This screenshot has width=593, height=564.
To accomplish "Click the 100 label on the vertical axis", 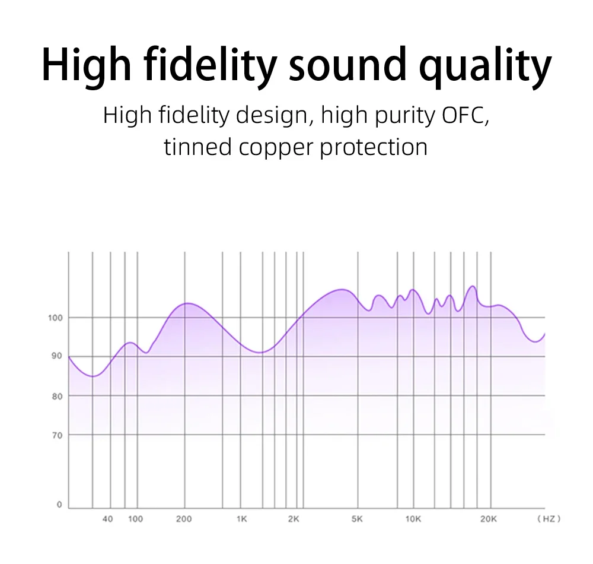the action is click(55, 318).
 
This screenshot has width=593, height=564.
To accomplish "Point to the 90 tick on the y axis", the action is click(57, 356).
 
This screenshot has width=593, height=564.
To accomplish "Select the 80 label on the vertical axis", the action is click(57, 397).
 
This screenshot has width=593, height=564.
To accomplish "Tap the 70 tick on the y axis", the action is click(57, 436).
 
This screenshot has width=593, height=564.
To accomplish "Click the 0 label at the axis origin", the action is click(59, 505).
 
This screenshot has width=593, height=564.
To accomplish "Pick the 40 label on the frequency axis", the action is click(108, 519).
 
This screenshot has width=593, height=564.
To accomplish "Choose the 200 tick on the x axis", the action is click(184, 519).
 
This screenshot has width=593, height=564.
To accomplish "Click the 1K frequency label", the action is click(242, 519).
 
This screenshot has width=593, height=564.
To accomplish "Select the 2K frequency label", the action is click(294, 519).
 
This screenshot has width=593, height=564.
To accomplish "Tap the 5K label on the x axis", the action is click(357, 519).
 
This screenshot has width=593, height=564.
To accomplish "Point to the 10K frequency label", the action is click(413, 519).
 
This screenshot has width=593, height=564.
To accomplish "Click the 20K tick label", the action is click(489, 519).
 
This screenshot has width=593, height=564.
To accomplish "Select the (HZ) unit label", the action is click(549, 519).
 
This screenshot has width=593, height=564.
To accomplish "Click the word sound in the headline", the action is click(347, 65).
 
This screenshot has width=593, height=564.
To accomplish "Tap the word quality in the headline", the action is click(485, 67).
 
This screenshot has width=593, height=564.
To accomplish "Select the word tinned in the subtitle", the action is click(197, 147).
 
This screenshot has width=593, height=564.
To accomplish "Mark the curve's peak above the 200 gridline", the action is click(187, 303).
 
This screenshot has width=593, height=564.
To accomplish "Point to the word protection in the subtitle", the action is click(374, 147).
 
